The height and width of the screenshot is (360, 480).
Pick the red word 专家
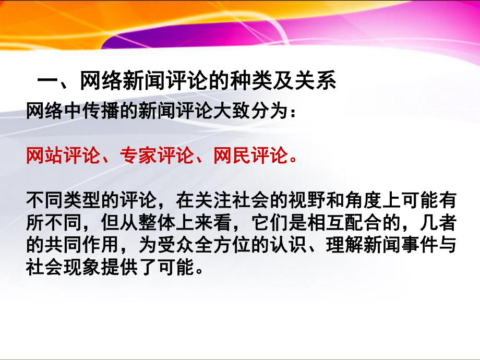(136, 155)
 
